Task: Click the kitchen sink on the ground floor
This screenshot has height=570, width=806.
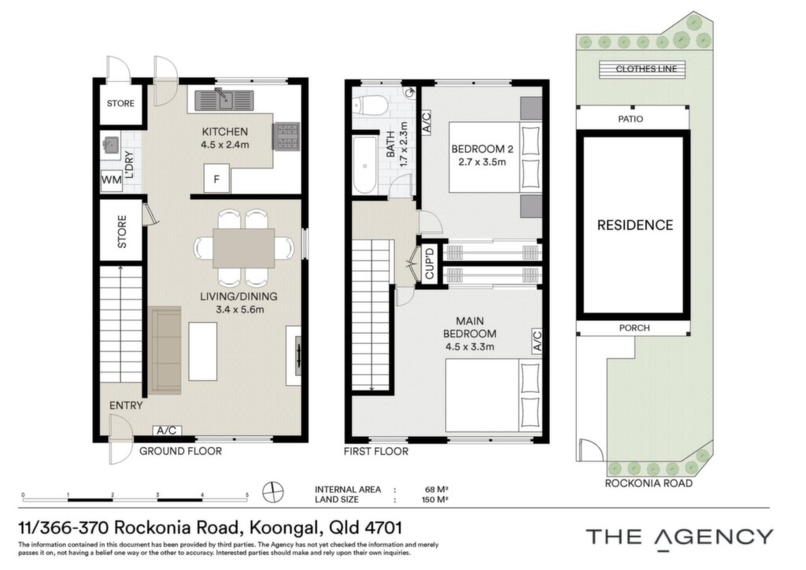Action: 224,100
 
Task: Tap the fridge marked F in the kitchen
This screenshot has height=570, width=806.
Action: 216,179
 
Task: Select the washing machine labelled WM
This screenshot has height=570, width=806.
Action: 111,180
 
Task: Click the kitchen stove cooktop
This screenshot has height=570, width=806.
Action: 287,136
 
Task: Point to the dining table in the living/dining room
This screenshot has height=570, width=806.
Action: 244,248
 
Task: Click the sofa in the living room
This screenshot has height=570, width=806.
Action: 165,350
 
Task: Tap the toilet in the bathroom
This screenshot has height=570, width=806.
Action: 370,105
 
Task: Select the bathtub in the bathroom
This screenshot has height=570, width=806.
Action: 365,165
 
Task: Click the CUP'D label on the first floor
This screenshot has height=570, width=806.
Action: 430,263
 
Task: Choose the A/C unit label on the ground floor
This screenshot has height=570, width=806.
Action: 167,430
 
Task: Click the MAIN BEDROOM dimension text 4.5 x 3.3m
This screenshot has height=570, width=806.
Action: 470,346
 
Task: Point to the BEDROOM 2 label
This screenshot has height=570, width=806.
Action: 482,149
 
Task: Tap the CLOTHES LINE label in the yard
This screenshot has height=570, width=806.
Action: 646,68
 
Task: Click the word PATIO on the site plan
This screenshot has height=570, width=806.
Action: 630,119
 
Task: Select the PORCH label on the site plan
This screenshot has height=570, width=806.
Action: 634,328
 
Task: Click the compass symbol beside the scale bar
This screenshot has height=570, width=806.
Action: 273,492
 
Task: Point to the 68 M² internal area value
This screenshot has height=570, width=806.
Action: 431,490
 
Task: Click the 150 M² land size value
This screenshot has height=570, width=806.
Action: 434,500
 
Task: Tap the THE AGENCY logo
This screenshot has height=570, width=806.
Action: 679,537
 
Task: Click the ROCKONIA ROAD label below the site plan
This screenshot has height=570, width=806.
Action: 649,483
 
